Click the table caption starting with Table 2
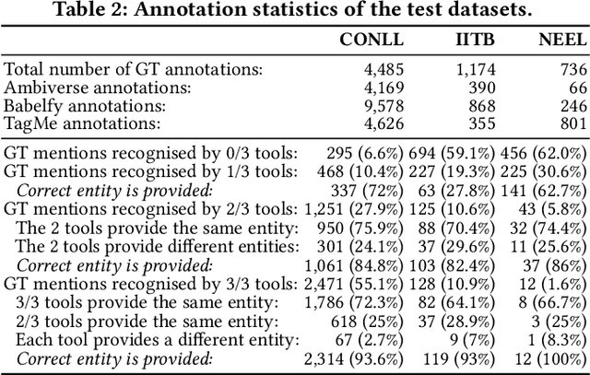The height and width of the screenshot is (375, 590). click(x=295, y=12)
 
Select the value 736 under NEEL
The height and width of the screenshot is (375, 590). click(x=571, y=69)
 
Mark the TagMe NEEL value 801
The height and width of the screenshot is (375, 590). click(x=571, y=122)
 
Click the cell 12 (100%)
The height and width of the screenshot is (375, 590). click(x=550, y=359)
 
